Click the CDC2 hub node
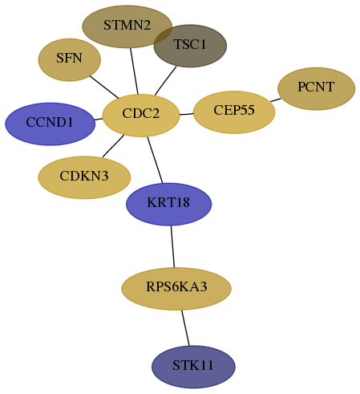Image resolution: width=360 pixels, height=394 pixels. (141, 116)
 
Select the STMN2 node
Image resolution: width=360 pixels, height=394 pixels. (127, 26)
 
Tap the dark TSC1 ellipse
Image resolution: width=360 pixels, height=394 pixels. (190, 46)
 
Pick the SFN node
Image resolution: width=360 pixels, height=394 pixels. (70, 59)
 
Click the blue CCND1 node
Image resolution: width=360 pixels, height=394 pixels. (50, 124)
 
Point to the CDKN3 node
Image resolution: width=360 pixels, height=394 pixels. (84, 177)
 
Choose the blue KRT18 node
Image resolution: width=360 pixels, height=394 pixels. (168, 204)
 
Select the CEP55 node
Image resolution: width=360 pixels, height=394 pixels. (234, 112)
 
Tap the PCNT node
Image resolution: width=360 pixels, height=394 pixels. (316, 88)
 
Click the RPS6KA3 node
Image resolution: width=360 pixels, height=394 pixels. (176, 289)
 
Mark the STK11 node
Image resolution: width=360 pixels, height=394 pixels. (193, 367)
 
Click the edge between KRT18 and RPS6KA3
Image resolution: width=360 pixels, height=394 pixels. (172, 246)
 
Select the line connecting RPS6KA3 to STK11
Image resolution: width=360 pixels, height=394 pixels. (185, 327)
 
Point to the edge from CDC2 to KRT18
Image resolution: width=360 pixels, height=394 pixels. (155, 160)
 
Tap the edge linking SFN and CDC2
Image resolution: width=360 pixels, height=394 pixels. (104, 87)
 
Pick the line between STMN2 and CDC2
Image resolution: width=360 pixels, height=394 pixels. (134, 71)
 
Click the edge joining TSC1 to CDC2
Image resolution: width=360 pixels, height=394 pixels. (165, 81)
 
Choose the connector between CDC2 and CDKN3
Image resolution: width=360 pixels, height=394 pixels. (113, 146)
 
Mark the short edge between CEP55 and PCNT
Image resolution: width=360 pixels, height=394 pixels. (276, 100)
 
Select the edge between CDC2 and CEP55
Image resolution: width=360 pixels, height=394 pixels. (186, 114)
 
